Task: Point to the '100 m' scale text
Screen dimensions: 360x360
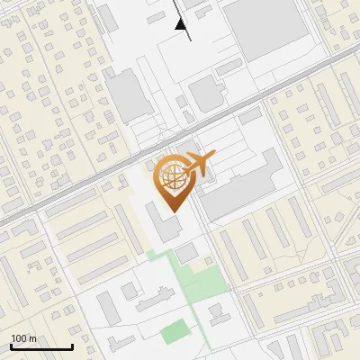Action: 23,338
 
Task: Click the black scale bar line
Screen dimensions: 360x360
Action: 41,346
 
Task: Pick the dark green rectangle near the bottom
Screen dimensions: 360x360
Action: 175,334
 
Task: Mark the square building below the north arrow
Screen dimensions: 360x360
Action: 206,93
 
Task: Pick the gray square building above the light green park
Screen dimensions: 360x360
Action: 185,255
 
